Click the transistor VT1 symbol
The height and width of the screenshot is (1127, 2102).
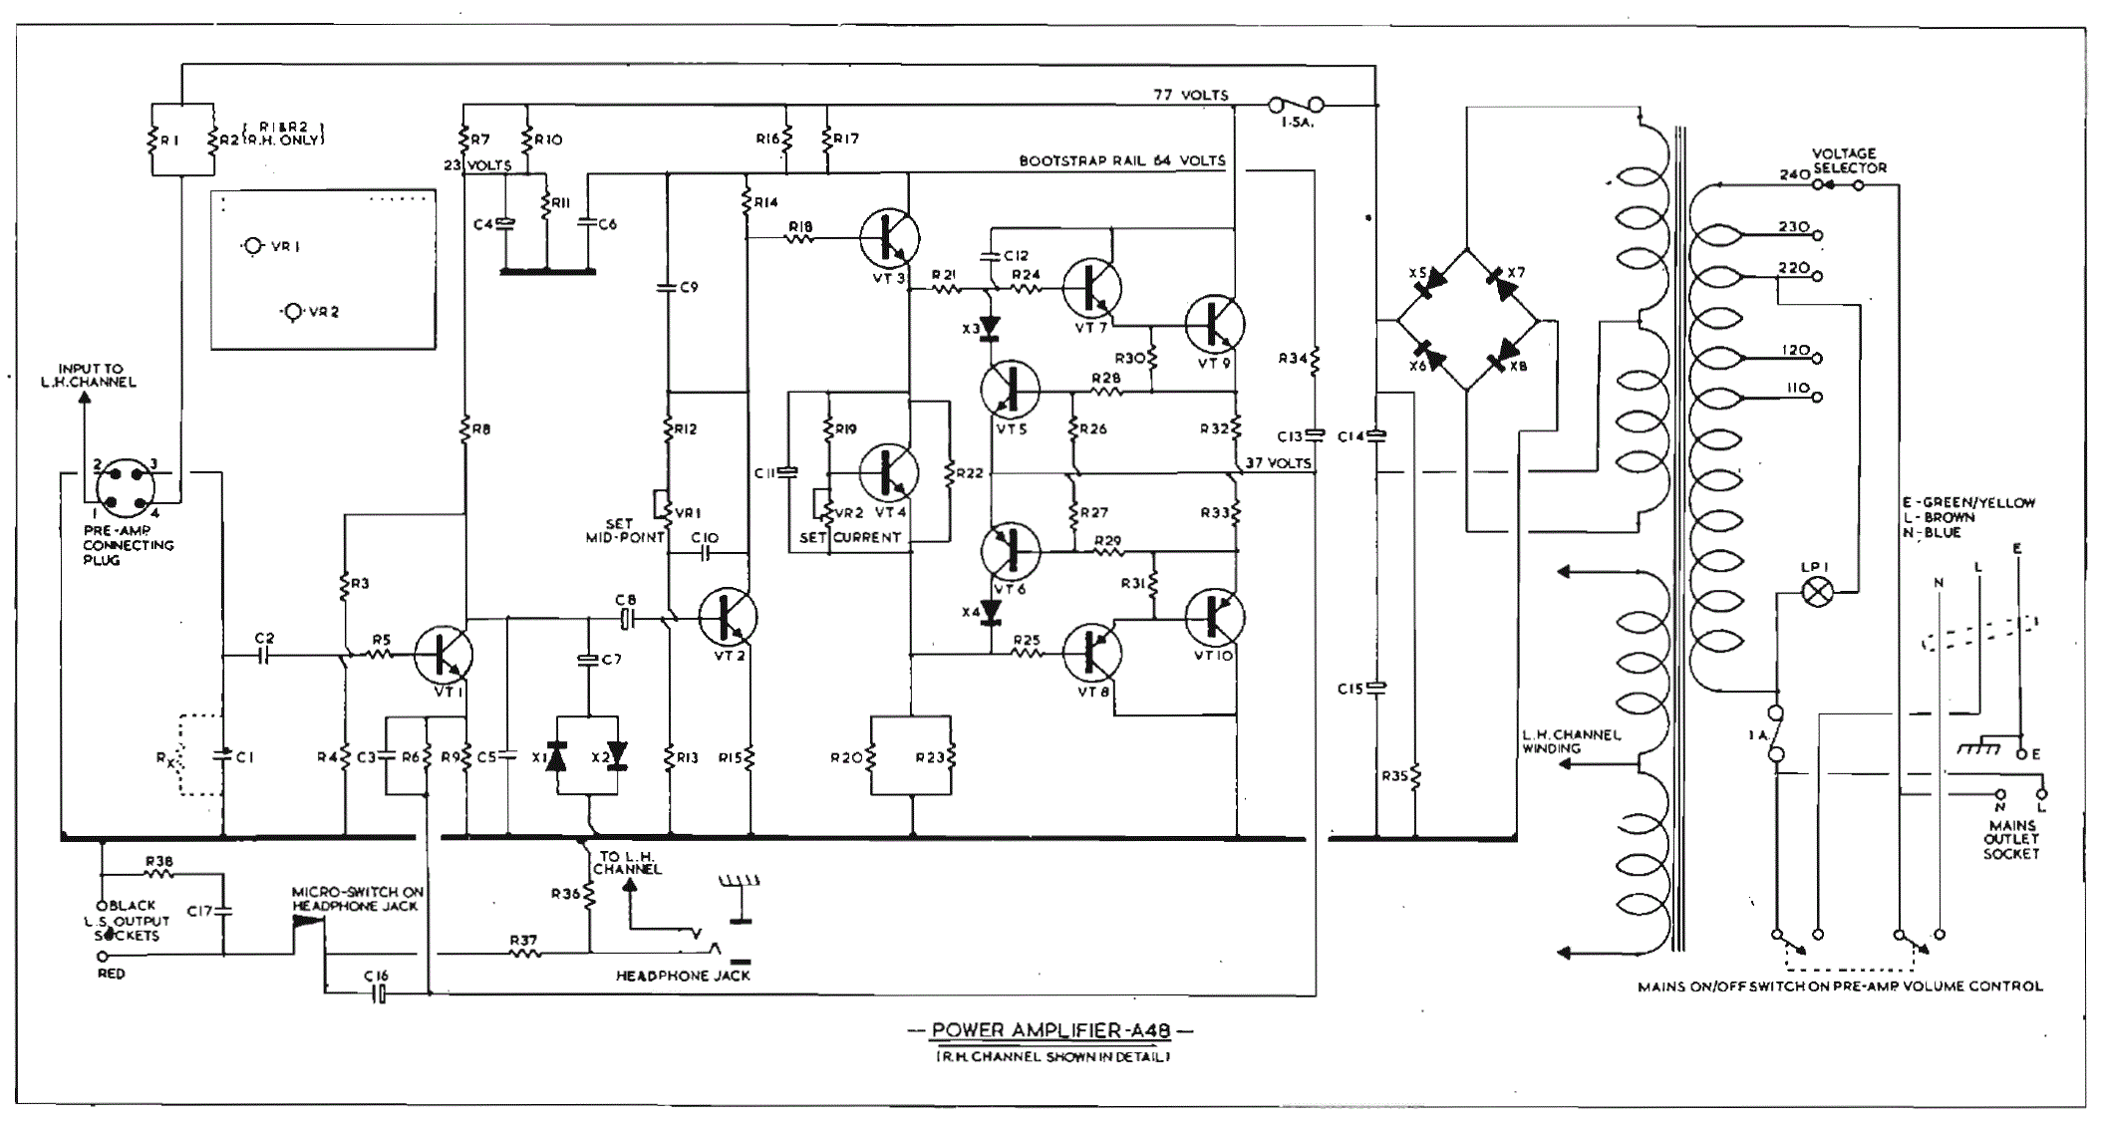click(x=443, y=655)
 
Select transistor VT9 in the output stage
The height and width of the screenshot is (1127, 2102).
click(x=1215, y=324)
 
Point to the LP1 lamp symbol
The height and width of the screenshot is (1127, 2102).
click(x=1818, y=594)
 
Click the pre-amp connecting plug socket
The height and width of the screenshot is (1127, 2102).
click(x=126, y=486)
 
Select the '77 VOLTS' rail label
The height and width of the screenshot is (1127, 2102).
click(x=1191, y=95)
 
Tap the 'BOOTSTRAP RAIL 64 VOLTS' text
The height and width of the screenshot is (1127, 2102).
click(x=1122, y=160)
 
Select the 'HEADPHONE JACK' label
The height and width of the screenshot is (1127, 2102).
click(x=683, y=976)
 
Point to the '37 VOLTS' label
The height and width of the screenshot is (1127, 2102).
click(x=1278, y=463)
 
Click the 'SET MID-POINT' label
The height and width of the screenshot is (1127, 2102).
click(x=625, y=530)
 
